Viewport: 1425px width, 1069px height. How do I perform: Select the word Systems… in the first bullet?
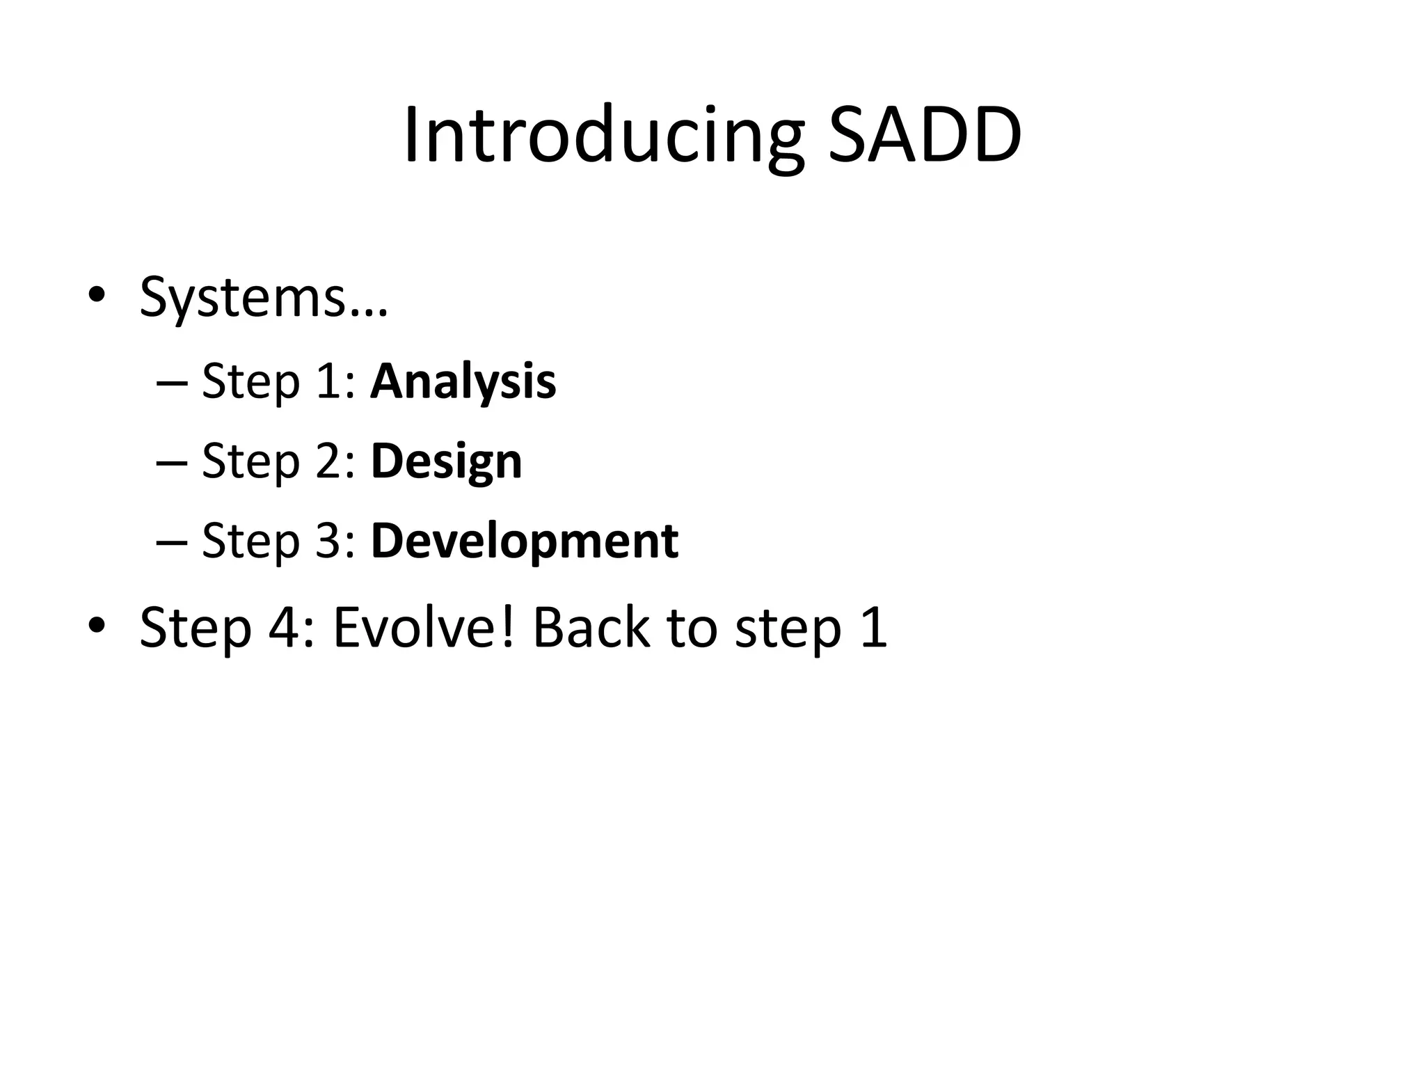click(x=263, y=298)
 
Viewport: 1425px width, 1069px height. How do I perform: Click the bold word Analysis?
click(x=463, y=381)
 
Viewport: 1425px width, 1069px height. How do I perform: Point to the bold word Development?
click(x=525, y=541)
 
